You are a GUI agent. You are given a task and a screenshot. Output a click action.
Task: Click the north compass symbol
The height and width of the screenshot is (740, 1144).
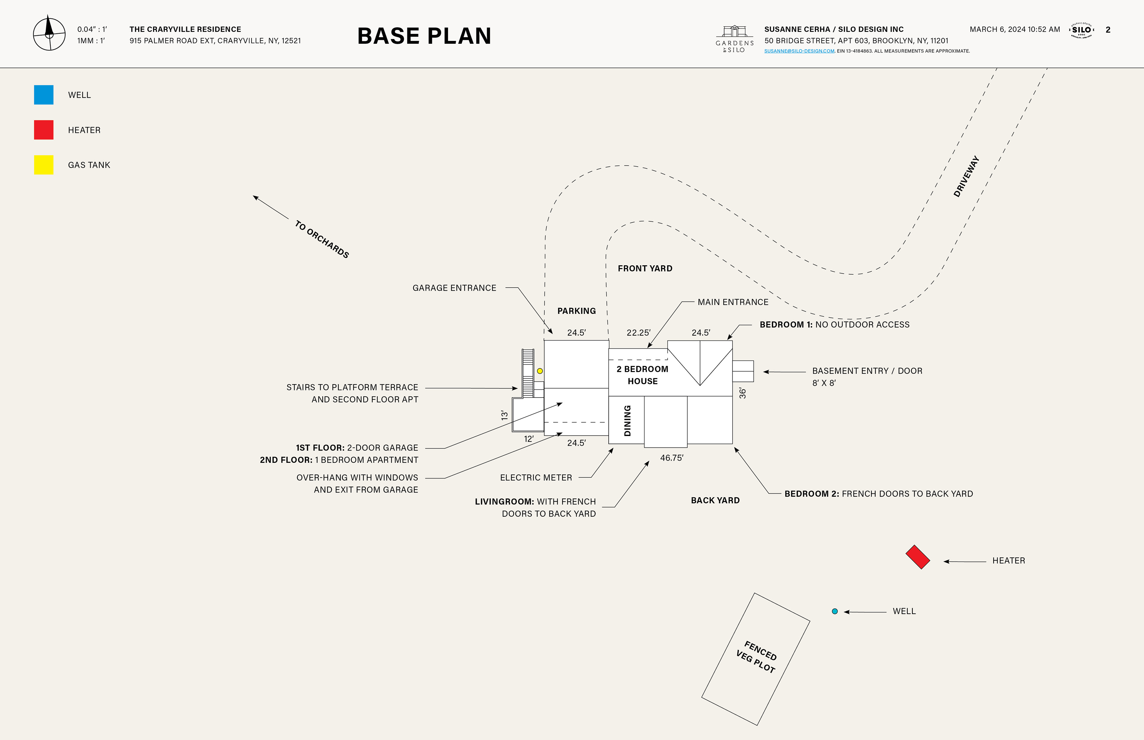coord(49,34)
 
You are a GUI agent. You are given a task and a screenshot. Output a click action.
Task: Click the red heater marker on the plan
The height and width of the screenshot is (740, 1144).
coord(918,557)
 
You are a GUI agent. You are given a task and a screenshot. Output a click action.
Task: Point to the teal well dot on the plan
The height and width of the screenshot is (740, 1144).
coord(835,611)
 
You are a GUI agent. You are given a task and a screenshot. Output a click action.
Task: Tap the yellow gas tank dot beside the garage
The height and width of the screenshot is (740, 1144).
coord(540,371)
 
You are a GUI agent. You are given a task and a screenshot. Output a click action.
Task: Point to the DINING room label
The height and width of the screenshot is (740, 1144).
coord(627,420)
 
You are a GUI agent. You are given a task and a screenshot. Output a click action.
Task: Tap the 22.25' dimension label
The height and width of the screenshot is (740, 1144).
coord(638,333)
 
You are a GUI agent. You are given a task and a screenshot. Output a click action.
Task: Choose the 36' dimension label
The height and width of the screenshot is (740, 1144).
coord(743,393)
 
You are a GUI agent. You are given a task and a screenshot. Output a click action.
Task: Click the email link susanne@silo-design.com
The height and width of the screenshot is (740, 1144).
coord(799,51)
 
